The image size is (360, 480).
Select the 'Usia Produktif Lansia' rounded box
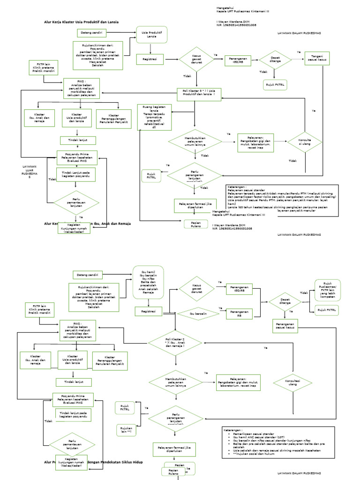(x=151, y=34)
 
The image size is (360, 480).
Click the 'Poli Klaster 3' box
(x=199, y=92)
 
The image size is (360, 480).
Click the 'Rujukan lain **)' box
(x=125, y=429)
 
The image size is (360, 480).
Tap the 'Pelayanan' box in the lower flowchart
(x=238, y=382)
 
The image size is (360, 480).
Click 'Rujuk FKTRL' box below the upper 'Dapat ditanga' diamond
(x=276, y=84)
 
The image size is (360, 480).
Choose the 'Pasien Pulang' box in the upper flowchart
(x=195, y=224)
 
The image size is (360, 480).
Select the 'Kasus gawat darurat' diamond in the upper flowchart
(x=196, y=59)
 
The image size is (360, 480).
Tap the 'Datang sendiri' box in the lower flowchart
(x=88, y=274)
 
